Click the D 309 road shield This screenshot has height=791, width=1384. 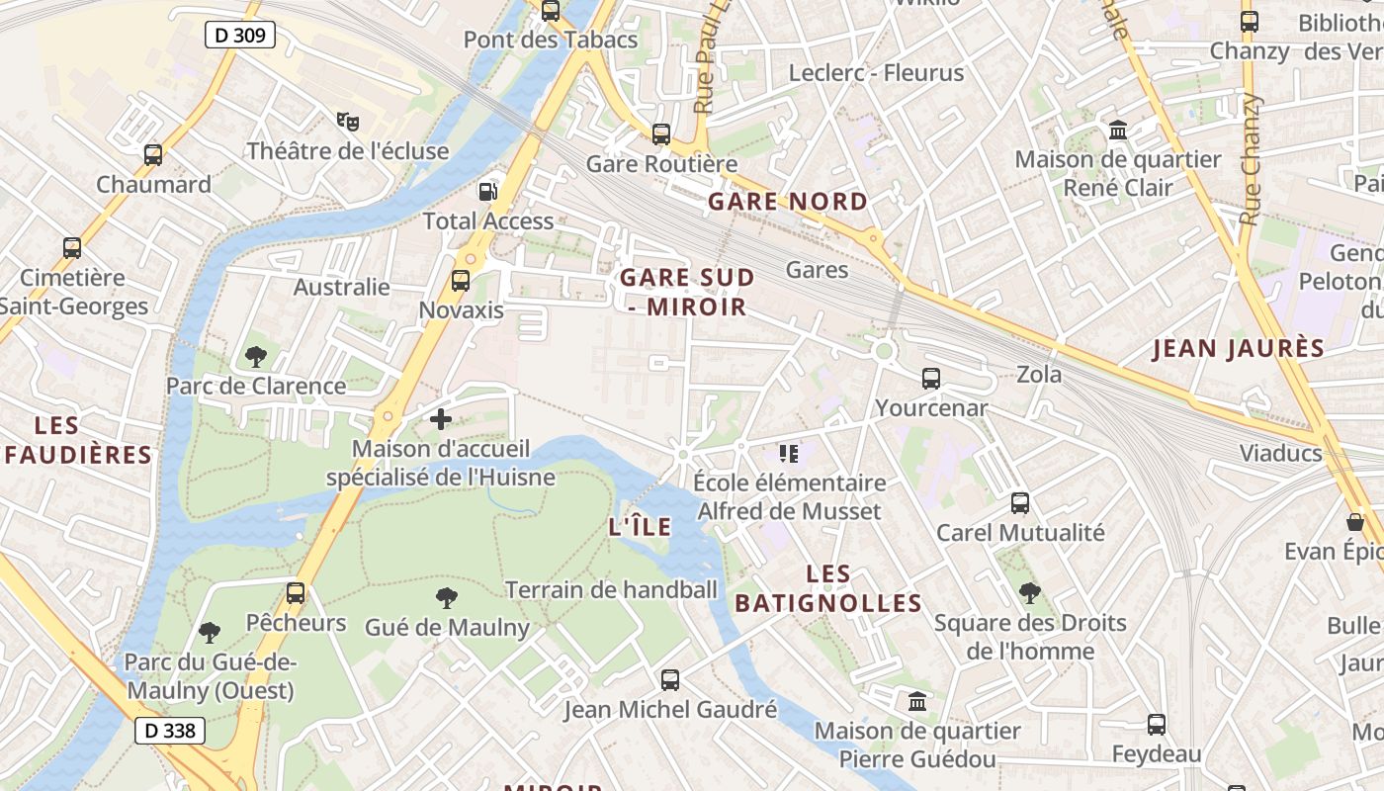pos(240,36)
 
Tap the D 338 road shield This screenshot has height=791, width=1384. pos(170,731)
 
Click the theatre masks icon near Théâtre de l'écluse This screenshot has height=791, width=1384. pos(347,122)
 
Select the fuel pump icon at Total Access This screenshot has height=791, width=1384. pos(488,191)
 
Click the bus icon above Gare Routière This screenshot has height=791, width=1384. pos(661,133)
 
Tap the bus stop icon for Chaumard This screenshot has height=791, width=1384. pos(153,154)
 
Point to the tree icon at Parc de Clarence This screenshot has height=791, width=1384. pos(256,356)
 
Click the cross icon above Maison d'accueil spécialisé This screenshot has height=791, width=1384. pos(441,419)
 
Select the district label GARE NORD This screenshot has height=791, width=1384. pos(788,202)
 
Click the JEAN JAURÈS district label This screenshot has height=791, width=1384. pos(1238,348)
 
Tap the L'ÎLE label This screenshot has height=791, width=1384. pos(640,527)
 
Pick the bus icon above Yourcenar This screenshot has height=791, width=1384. pos(930,378)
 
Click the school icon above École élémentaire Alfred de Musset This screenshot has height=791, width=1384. pos(788,454)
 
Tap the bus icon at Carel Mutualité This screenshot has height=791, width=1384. pos(1020,502)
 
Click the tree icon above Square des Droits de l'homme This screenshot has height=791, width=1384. pos(1030,593)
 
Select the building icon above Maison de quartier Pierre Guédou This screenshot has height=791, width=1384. pos(917,702)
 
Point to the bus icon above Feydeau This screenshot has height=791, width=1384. pos(1157,725)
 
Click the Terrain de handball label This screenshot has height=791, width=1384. pos(611,590)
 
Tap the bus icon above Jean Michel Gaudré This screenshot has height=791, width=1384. pos(670,680)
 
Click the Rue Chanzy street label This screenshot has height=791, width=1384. pos(1252,158)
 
